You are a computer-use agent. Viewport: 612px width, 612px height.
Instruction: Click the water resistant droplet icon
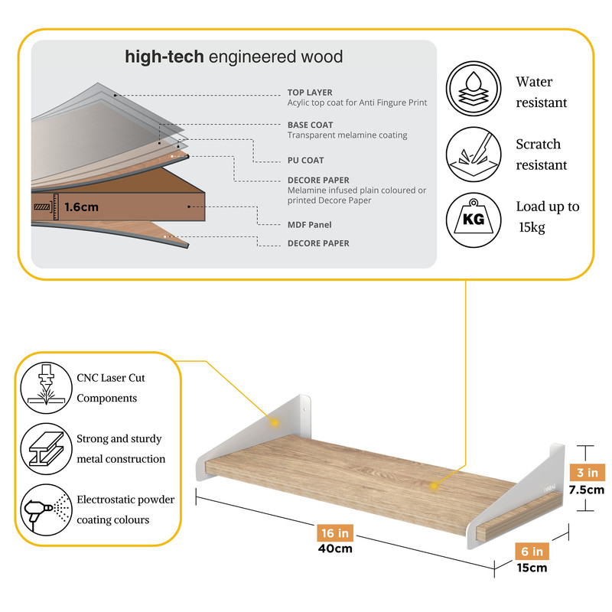pos(474,88)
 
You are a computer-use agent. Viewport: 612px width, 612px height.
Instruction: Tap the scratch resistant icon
pos(474,155)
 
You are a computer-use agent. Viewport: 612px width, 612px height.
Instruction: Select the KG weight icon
pos(474,220)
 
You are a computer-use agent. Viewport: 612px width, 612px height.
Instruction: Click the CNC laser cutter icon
pos(47,388)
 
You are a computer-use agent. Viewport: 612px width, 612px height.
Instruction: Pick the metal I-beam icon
pos(47,449)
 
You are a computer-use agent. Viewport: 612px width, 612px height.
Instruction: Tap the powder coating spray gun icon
pos(47,509)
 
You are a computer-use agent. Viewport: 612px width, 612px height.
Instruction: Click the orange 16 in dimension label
pos(335,532)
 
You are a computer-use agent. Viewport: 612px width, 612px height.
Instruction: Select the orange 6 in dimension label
pos(532,551)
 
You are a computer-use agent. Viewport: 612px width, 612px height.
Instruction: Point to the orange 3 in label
pos(588,472)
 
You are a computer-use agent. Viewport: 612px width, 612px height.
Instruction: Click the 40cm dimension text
pos(335,549)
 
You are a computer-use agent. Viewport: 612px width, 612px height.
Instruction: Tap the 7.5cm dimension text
pos(587,490)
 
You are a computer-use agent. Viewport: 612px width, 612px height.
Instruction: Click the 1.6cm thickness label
pos(81,207)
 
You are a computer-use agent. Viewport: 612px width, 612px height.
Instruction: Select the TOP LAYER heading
pos(310,93)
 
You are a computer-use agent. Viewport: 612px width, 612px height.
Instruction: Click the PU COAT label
pos(305,161)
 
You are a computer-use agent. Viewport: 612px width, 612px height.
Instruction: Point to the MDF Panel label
pos(310,225)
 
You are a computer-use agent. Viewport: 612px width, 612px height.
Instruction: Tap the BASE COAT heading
pos(311,125)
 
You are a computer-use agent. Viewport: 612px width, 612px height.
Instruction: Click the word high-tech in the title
pos(164,57)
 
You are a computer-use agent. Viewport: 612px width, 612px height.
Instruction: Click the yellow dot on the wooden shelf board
pos(433,486)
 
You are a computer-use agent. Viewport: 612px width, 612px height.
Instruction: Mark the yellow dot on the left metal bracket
pos(275,422)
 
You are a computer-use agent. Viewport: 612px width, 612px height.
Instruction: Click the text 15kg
pos(532,227)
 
